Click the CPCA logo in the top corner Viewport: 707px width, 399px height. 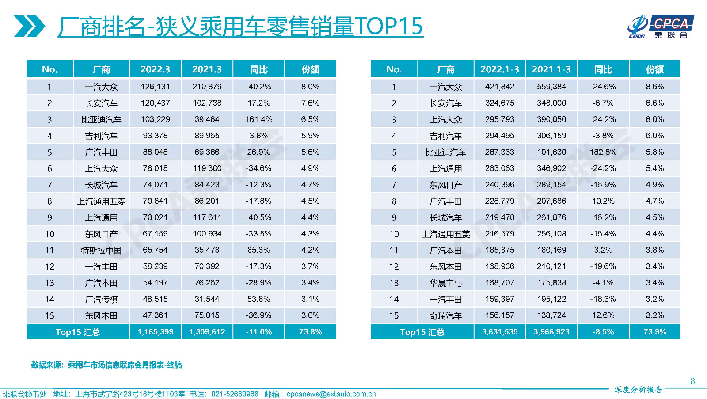click(x=660, y=27)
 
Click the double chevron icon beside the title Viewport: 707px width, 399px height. click(x=29, y=26)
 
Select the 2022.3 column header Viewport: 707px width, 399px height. click(x=155, y=69)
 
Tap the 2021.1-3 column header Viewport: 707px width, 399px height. click(x=551, y=69)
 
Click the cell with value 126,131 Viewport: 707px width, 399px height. click(x=155, y=87)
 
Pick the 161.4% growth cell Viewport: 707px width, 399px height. click(x=258, y=119)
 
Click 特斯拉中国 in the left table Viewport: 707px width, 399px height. click(x=101, y=250)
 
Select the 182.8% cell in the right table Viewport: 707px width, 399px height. click(x=603, y=152)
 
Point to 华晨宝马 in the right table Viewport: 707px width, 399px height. click(x=445, y=283)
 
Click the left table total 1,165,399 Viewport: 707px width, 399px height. click(x=155, y=332)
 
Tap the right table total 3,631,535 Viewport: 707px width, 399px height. click(x=499, y=332)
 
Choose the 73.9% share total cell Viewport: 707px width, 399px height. click(x=654, y=332)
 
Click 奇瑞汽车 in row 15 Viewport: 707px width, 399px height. click(x=445, y=315)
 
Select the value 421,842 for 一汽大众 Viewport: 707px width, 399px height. click(x=499, y=87)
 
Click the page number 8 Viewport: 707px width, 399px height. click(x=692, y=381)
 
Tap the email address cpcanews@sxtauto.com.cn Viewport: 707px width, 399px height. click(x=331, y=394)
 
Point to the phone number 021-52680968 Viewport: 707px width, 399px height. click(x=235, y=394)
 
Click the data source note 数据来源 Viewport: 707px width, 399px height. click(x=106, y=365)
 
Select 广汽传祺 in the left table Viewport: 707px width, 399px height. click(x=101, y=299)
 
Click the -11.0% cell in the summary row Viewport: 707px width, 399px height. click(x=258, y=332)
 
